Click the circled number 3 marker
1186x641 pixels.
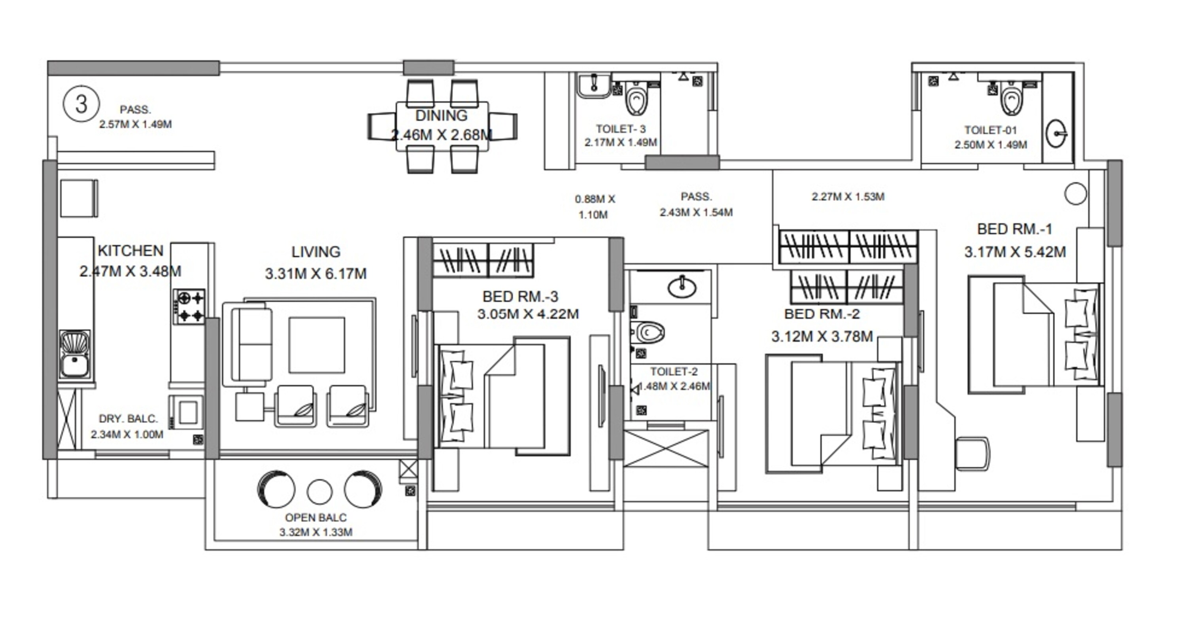81,104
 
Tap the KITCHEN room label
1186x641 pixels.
131,251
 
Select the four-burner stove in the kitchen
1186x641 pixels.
189,307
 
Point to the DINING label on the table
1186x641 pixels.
441,115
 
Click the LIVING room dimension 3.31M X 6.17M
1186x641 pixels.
316,274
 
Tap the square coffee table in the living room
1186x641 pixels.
317,345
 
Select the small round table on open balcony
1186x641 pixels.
319,492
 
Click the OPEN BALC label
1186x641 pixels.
316,518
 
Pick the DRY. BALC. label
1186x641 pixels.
128,419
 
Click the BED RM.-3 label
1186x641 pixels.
520,296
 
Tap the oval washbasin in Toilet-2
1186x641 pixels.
682,287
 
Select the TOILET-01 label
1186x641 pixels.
990,130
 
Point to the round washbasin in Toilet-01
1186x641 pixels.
1056,134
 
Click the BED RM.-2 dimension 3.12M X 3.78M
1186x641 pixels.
822,337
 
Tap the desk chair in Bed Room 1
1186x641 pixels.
973,454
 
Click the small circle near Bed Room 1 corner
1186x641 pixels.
1075,194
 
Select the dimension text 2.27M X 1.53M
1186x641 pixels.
848,197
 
